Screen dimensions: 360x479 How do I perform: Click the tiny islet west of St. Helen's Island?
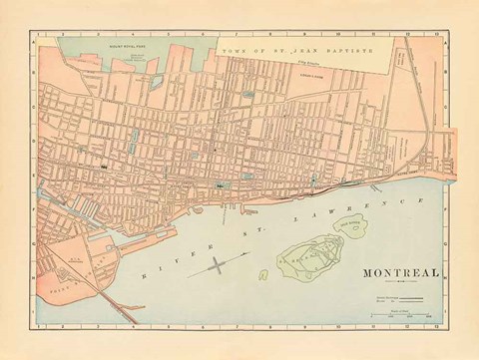click(263, 273)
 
